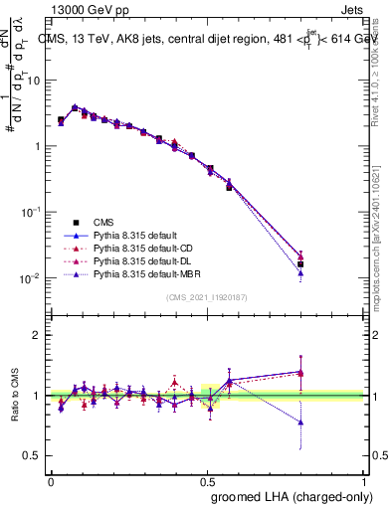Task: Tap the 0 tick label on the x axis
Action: (51, 481)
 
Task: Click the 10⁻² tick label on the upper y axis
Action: (32, 278)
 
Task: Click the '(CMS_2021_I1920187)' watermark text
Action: (207, 297)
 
